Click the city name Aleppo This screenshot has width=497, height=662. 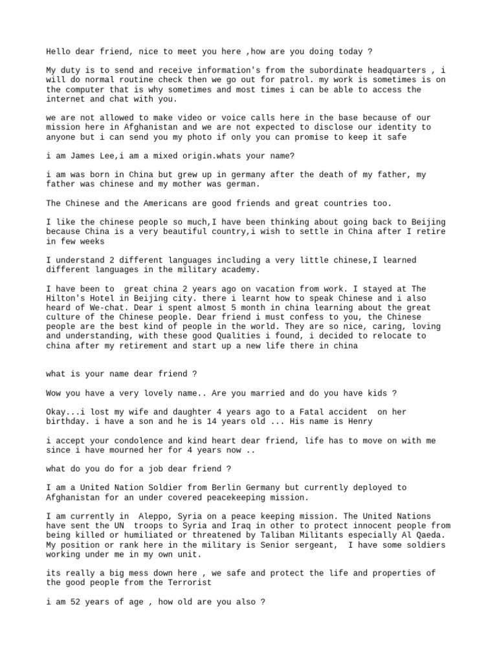[157, 516]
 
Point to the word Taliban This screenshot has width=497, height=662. [273, 535]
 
